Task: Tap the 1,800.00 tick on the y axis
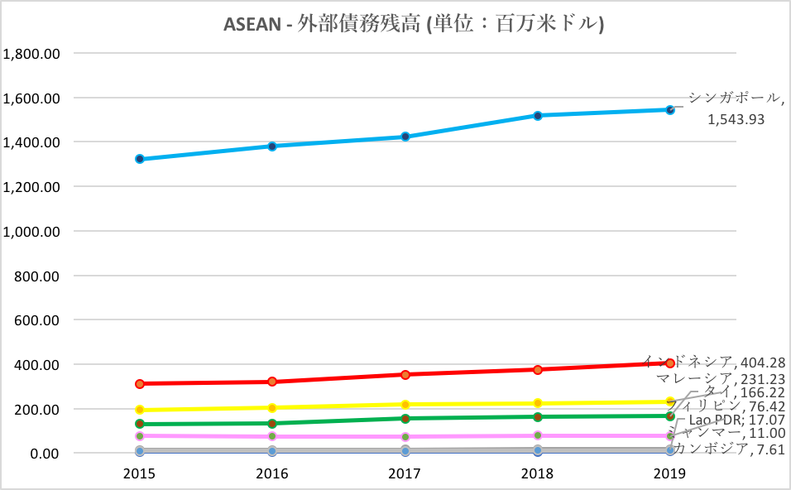31,54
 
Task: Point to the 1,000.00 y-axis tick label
31,232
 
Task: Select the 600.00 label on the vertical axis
37,320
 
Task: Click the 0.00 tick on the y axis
44,454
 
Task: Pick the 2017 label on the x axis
405,473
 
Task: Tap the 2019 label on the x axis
669,473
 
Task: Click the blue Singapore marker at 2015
140,159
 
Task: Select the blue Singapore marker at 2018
538,116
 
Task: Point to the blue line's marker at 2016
272,147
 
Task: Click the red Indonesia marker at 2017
405,375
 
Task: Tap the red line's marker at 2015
140,384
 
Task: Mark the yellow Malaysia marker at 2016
272,408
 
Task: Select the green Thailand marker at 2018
538,417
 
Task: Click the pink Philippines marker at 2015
140,436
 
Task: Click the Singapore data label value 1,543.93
735,119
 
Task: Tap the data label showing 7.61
767,449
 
